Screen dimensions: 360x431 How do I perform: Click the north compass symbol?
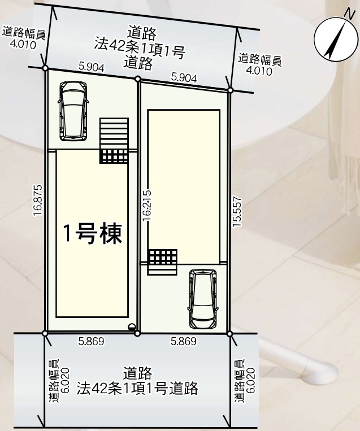[x=333, y=38]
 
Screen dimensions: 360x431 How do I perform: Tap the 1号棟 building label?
[x=93, y=234]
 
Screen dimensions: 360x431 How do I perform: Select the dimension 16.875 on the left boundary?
[x=37, y=201]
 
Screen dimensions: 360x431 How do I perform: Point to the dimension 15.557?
[x=237, y=212]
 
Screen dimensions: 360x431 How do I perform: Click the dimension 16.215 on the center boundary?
[x=147, y=205]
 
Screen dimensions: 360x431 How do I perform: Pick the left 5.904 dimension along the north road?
[x=92, y=67]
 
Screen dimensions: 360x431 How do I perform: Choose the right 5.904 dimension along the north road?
[x=184, y=78]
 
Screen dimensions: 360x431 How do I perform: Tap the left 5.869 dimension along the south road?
[x=92, y=341]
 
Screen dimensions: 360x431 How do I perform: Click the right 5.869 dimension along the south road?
[x=184, y=341]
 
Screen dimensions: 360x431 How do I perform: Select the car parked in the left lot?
[x=73, y=111]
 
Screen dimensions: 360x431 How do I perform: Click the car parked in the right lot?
[x=203, y=299]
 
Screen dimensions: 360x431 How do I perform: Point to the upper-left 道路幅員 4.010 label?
[x=23, y=38]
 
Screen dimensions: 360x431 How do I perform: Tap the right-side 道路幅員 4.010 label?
[x=259, y=64]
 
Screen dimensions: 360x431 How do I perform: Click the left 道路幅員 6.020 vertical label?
[x=59, y=381]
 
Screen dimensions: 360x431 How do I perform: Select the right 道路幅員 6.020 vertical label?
[x=245, y=381]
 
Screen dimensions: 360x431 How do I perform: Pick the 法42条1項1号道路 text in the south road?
[x=137, y=388]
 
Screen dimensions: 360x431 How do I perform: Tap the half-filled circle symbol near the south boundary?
[x=132, y=326]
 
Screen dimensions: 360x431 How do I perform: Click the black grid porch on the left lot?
[x=114, y=156]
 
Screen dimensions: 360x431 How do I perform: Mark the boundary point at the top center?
[x=138, y=79]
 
